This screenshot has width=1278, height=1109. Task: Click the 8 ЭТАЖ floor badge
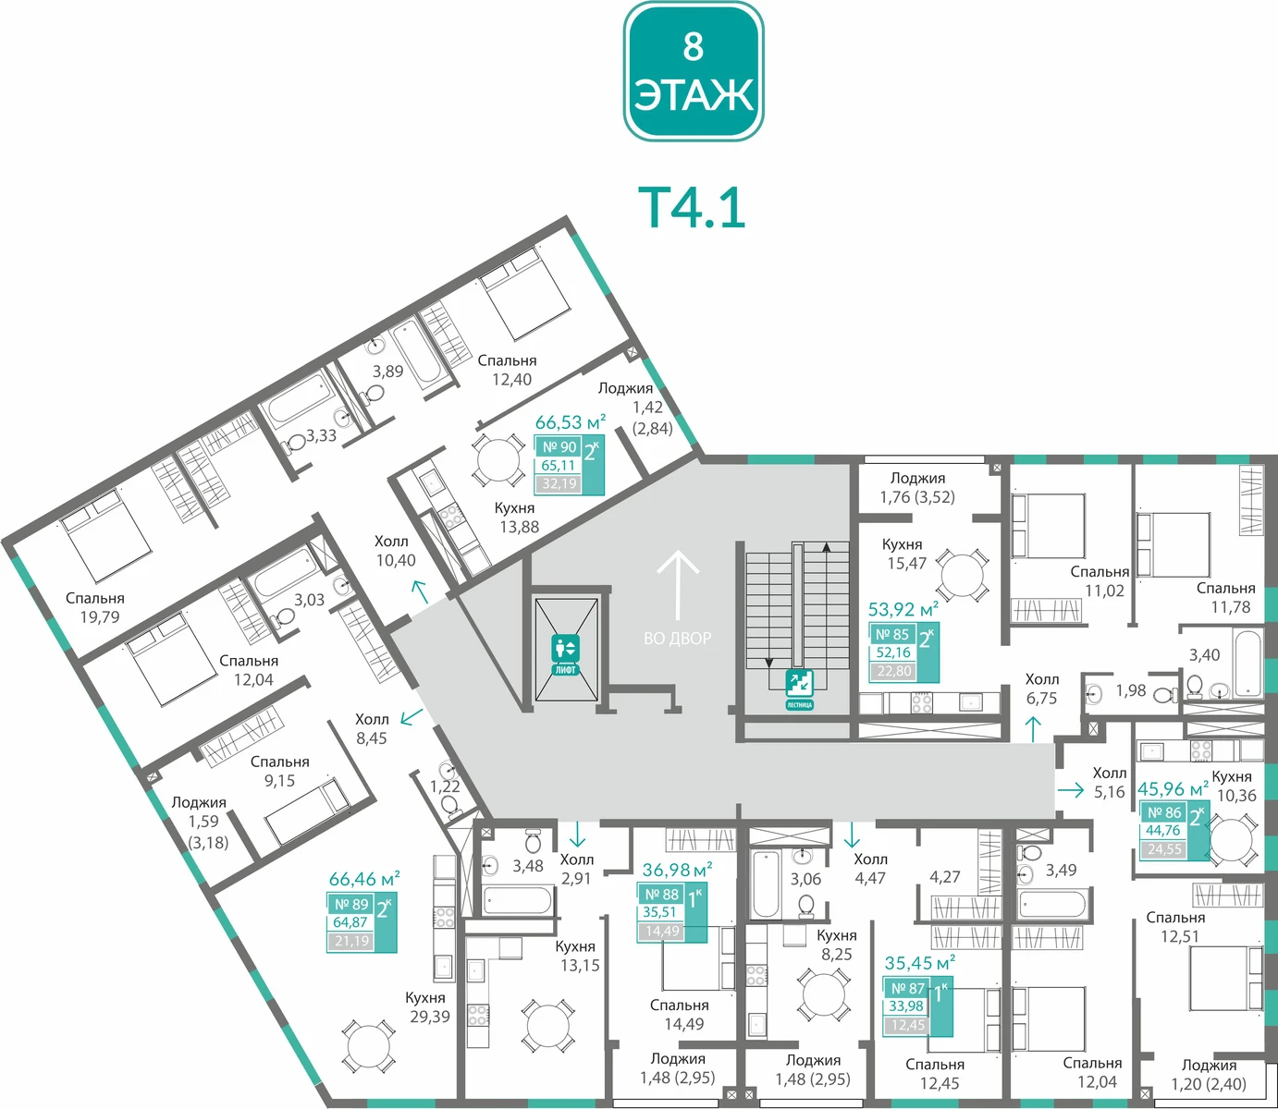click(694, 71)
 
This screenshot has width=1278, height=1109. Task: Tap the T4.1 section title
click(692, 209)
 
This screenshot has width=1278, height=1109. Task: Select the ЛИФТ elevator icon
click(565, 654)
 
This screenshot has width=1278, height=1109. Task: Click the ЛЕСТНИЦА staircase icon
click(800, 689)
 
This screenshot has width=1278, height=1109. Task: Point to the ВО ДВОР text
click(678, 639)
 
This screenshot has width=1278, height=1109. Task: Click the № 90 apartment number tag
click(559, 447)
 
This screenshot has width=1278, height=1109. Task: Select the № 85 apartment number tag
click(892, 634)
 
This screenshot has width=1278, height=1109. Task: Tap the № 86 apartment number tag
click(1164, 812)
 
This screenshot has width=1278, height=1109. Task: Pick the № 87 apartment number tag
click(907, 988)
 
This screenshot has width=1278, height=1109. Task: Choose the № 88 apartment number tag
click(661, 894)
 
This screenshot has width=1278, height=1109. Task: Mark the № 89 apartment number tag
click(351, 904)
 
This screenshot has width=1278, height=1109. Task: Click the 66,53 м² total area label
click(571, 421)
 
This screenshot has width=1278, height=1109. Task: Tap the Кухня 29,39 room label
click(429, 1006)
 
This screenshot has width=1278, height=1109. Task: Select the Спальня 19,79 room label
click(95, 607)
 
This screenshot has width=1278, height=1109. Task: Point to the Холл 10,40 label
click(396, 551)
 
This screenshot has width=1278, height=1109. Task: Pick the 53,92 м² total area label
click(903, 608)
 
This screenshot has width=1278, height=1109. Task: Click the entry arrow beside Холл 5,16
click(1071, 790)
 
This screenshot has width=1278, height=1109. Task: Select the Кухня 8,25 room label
click(836, 944)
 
